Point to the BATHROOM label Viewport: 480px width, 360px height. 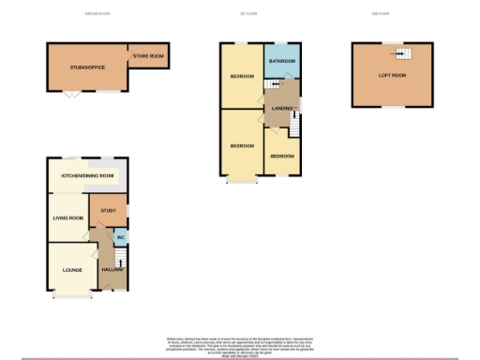[x=281, y=61]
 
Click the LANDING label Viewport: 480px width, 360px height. [x=282, y=108]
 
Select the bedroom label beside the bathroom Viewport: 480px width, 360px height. [x=241, y=77]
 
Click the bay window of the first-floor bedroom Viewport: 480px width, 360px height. [x=241, y=181]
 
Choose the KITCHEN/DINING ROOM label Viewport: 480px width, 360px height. [x=87, y=175]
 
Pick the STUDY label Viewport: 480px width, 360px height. [x=108, y=210]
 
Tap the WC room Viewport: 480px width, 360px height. [x=120, y=236]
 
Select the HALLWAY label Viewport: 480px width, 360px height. [x=112, y=270]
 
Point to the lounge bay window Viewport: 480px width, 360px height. [x=71, y=295]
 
